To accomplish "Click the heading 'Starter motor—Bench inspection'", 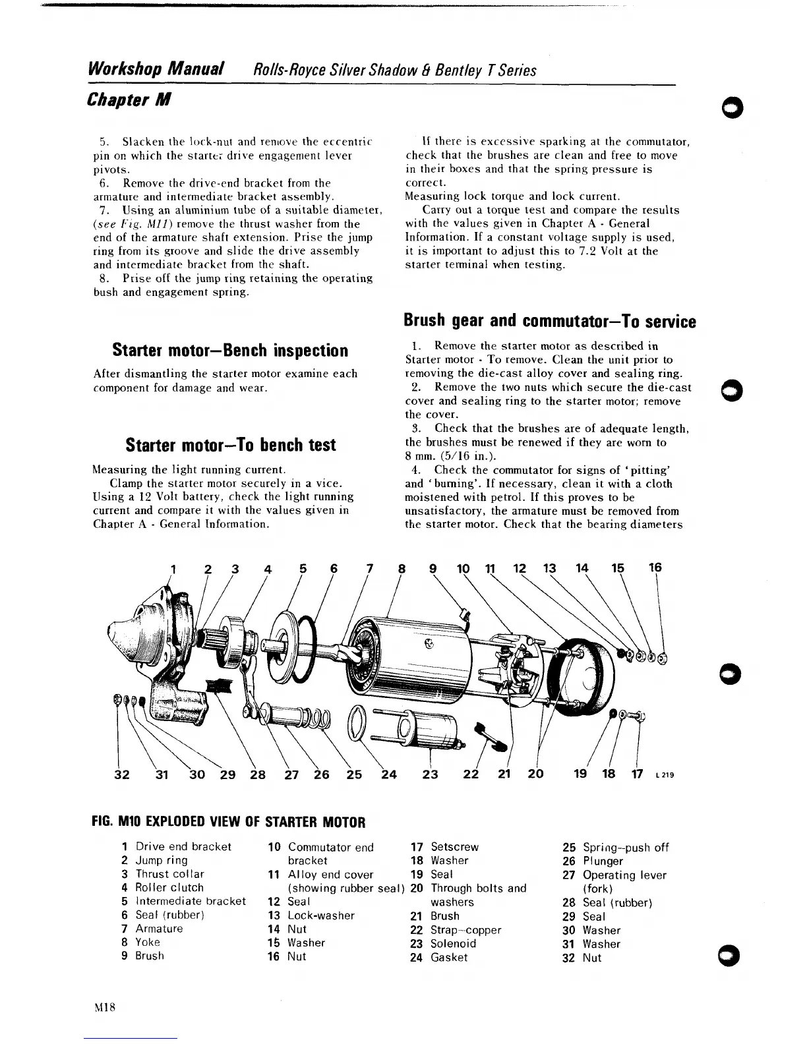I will [x=229, y=349].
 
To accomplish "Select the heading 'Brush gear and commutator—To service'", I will [x=550, y=321].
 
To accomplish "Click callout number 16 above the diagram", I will [x=655, y=567].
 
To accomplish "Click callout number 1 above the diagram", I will [x=173, y=567].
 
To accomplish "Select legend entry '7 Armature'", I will [x=152, y=929].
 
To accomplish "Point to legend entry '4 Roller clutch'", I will [x=163, y=887].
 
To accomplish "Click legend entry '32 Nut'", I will [x=582, y=958].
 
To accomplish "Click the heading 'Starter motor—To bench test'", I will [x=231, y=444].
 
